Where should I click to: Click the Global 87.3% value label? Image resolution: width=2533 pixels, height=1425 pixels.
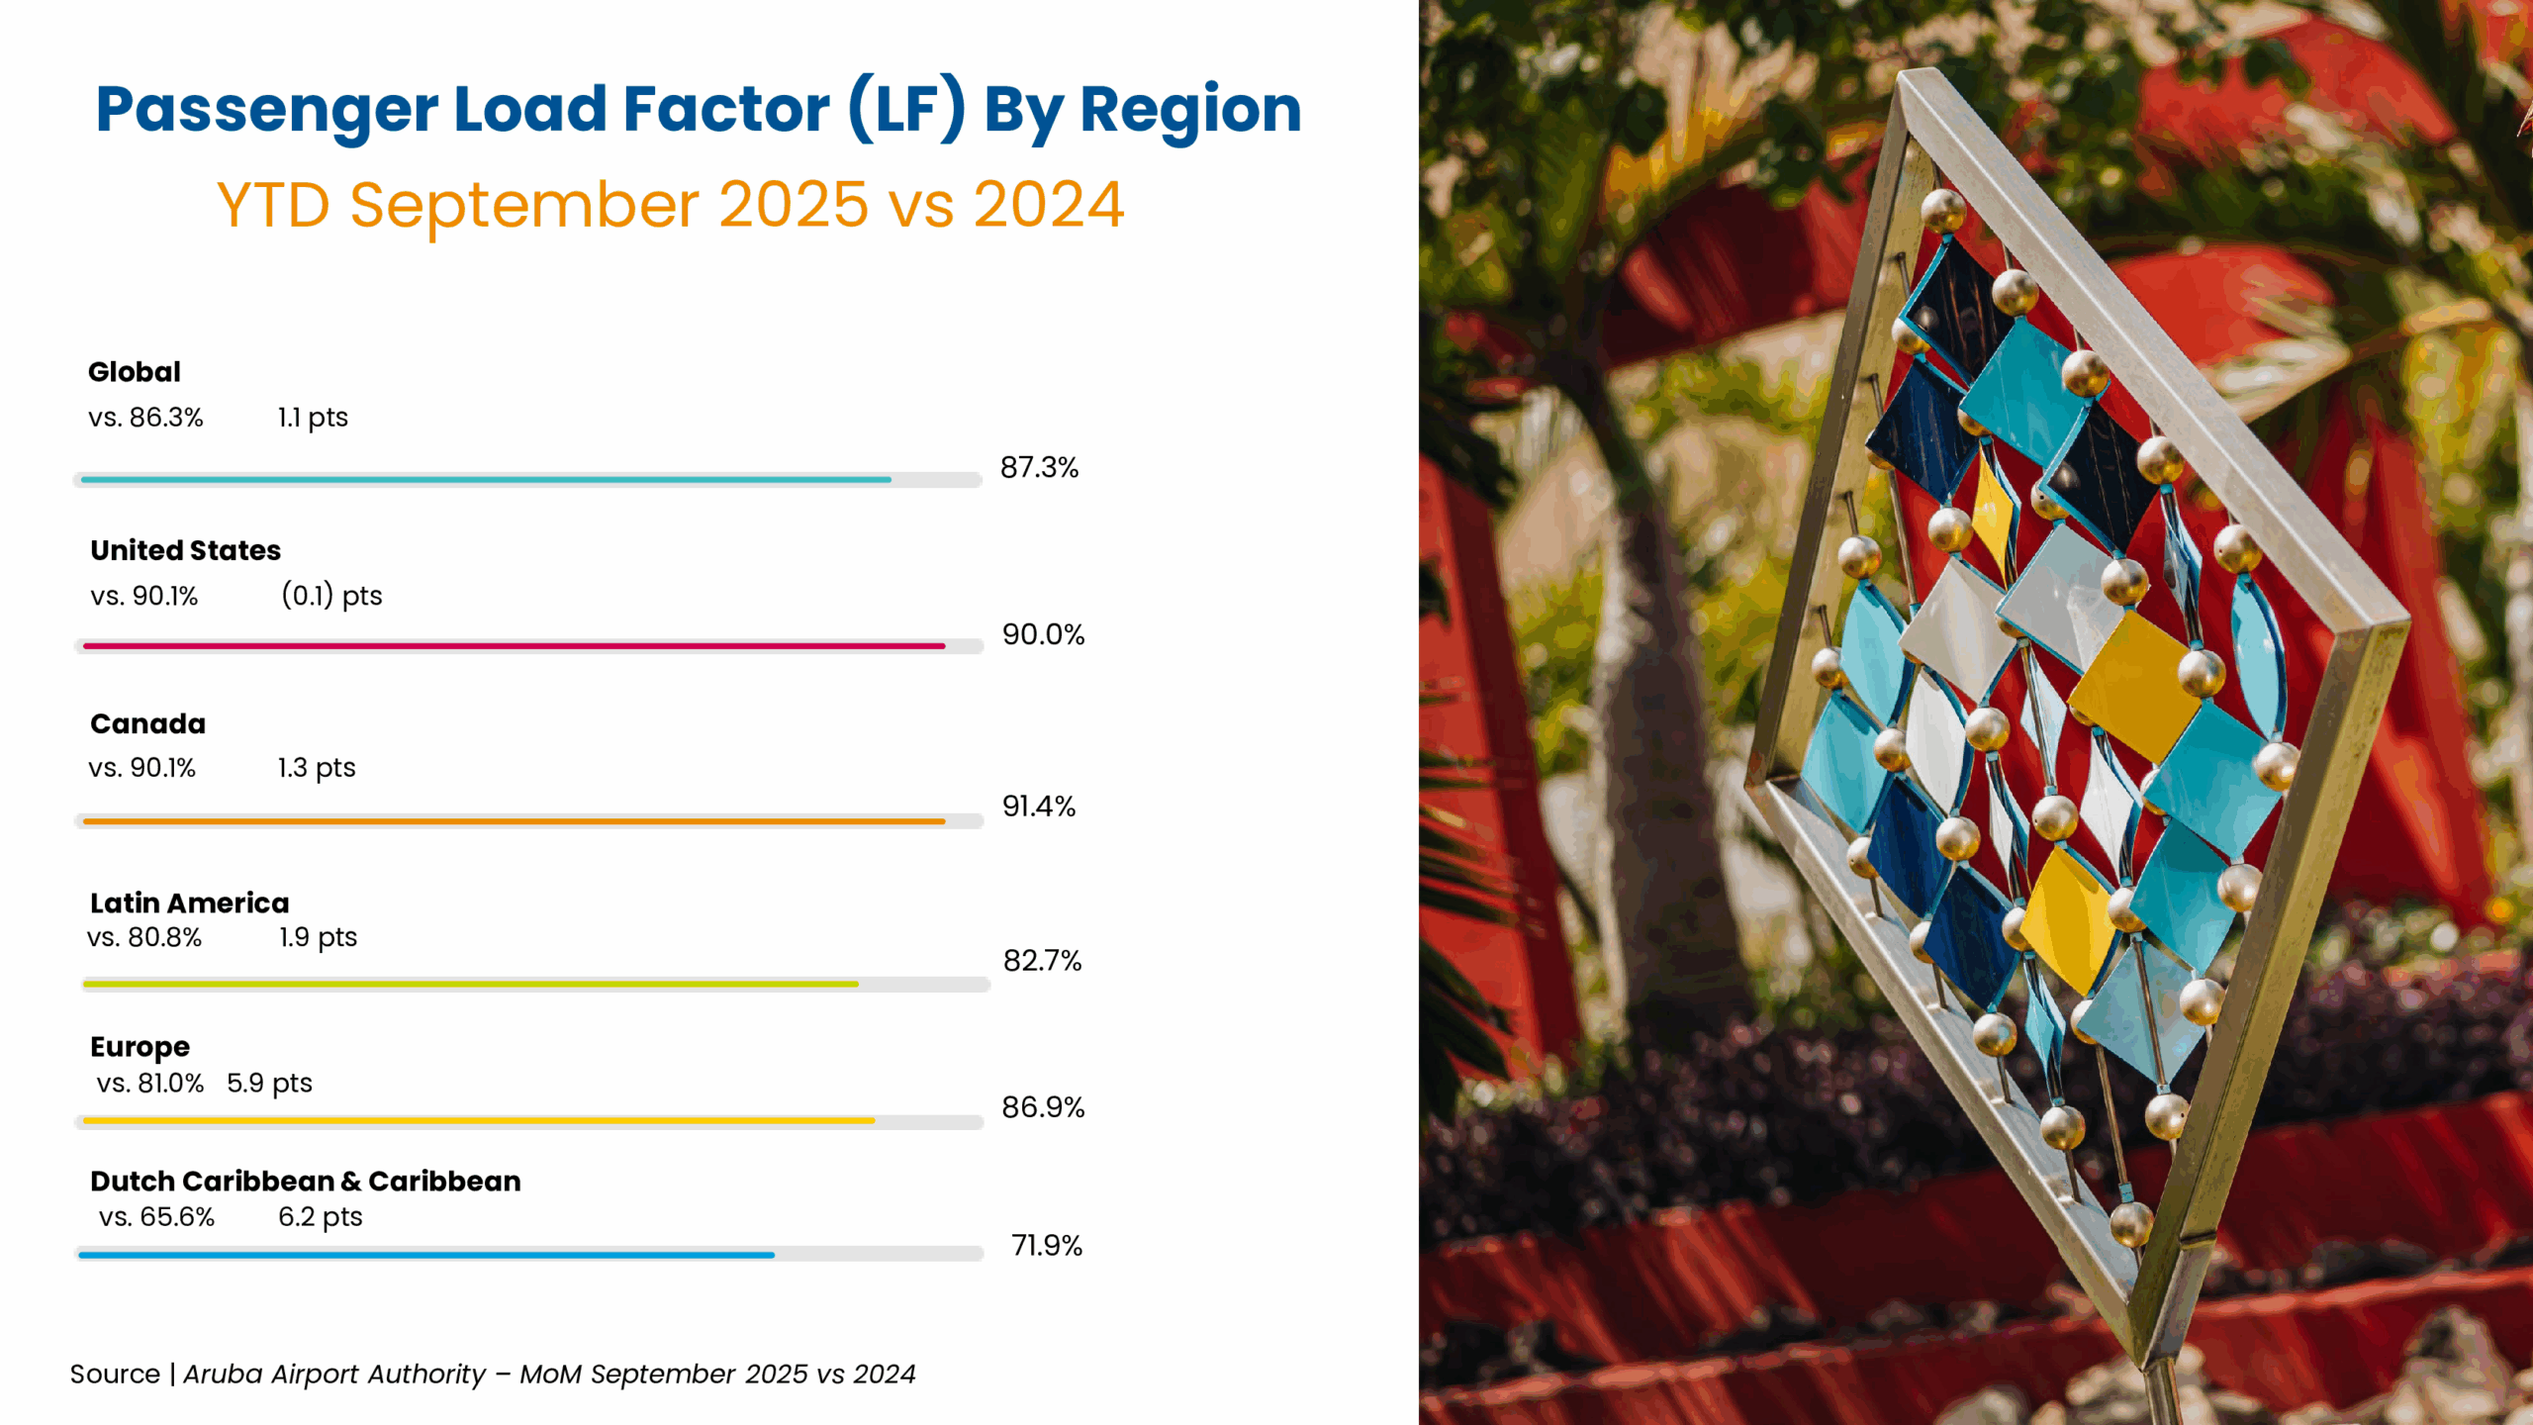coord(1039,468)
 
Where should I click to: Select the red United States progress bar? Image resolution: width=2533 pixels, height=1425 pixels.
coord(514,646)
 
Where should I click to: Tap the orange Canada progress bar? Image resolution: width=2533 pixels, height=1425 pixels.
coord(514,821)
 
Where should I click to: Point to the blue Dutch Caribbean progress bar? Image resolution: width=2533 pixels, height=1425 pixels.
coord(425,1255)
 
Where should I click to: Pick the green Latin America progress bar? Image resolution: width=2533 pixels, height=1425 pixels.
coord(470,985)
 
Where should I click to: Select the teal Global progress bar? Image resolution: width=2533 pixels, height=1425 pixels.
coord(485,480)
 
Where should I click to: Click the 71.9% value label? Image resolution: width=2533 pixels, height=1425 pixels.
coord(1046,1246)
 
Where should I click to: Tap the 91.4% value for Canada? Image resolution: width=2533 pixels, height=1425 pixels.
coord(1038,807)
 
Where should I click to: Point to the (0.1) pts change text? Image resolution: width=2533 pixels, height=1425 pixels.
coord(331,596)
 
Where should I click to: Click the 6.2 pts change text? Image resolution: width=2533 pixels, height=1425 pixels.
coord(320,1217)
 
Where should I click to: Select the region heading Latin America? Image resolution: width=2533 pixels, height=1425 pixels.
coord(189,903)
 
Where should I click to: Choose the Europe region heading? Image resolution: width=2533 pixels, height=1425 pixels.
coord(140,1047)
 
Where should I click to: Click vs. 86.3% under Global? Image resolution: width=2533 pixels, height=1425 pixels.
coord(145,418)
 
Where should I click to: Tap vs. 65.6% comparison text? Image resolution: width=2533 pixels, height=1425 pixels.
coord(156,1217)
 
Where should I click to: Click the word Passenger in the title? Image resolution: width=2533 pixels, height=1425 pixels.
coord(266,109)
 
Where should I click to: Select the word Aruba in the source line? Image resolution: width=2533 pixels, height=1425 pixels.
coord(223,1375)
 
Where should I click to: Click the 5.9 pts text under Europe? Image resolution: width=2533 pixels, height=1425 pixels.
coord(269,1084)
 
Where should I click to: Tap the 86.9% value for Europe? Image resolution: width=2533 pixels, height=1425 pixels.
coord(1043,1108)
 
